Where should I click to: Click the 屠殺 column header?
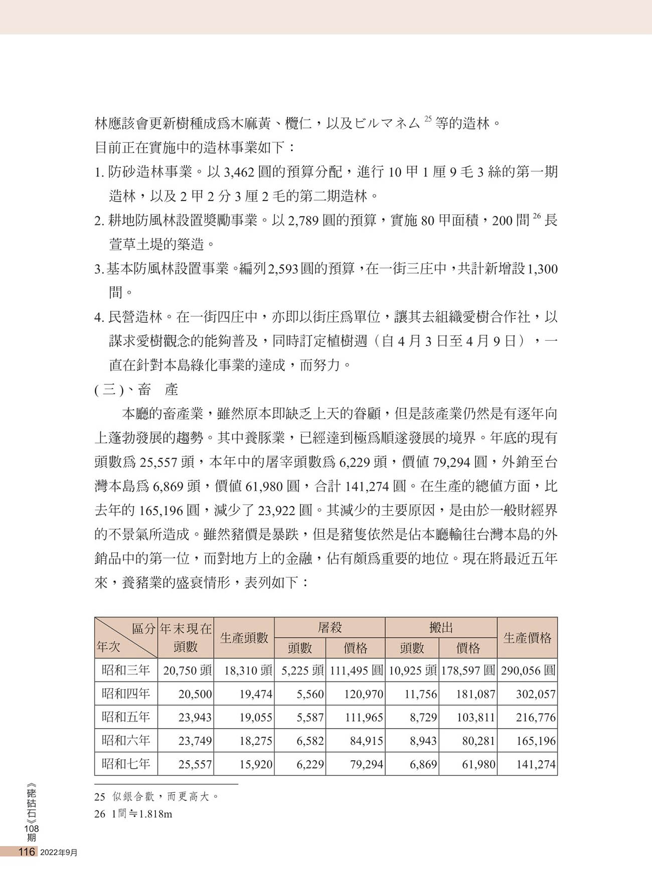click(330, 627)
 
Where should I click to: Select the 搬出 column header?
click(441, 627)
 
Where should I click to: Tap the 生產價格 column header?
click(527, 637)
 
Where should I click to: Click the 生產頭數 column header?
click(244, 637)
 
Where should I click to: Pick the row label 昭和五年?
click(126, 717)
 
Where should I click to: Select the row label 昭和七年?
click(126, 764)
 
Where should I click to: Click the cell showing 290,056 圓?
click(528, 671)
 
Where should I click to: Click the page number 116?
click(26, 852)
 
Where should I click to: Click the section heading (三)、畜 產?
click(136, 389)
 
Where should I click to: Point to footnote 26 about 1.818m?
click(133, 814)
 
